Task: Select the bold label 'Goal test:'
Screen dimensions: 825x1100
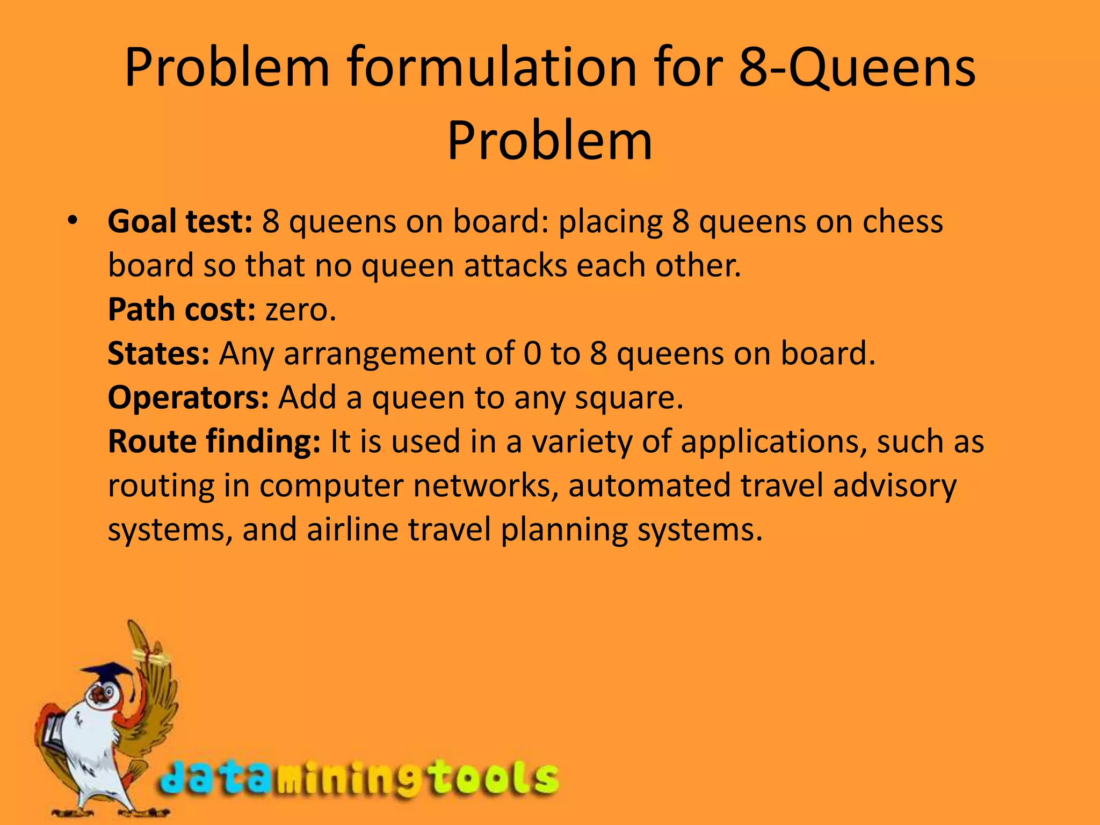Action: (180, 222)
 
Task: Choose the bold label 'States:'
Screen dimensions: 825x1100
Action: (158, 354)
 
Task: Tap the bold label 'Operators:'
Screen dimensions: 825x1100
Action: (188, 398)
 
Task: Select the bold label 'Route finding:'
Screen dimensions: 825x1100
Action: (214, 442)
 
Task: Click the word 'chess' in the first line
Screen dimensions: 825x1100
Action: (903, 222)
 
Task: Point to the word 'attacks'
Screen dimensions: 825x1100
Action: (516, 266)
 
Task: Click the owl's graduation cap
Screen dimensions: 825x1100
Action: (107, 672)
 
